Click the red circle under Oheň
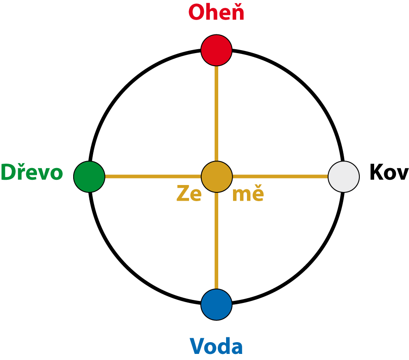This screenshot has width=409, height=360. coord(216,50)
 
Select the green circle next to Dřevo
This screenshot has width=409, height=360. coord(89,177)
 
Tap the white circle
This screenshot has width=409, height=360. coord(344,177)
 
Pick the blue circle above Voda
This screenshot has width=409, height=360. coord(216,304)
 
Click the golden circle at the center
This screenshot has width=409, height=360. coord(216,177)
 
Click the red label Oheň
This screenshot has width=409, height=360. coord(216,13)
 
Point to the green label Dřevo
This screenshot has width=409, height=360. coord(32,173)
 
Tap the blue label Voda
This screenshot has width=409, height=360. coord(216,347)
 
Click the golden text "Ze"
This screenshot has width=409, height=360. coord(189,194)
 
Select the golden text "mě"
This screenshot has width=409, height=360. coord(247,194)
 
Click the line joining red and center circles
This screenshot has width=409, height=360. coord(216,113)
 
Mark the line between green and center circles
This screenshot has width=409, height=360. coord(152,177)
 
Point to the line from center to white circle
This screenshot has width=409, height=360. coord(280,177)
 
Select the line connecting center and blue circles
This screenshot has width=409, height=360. coord(216,241)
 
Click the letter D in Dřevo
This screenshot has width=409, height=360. coord(7,173)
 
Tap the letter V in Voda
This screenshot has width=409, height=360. coord(197,347)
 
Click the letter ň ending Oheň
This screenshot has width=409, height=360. coord(237,13)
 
